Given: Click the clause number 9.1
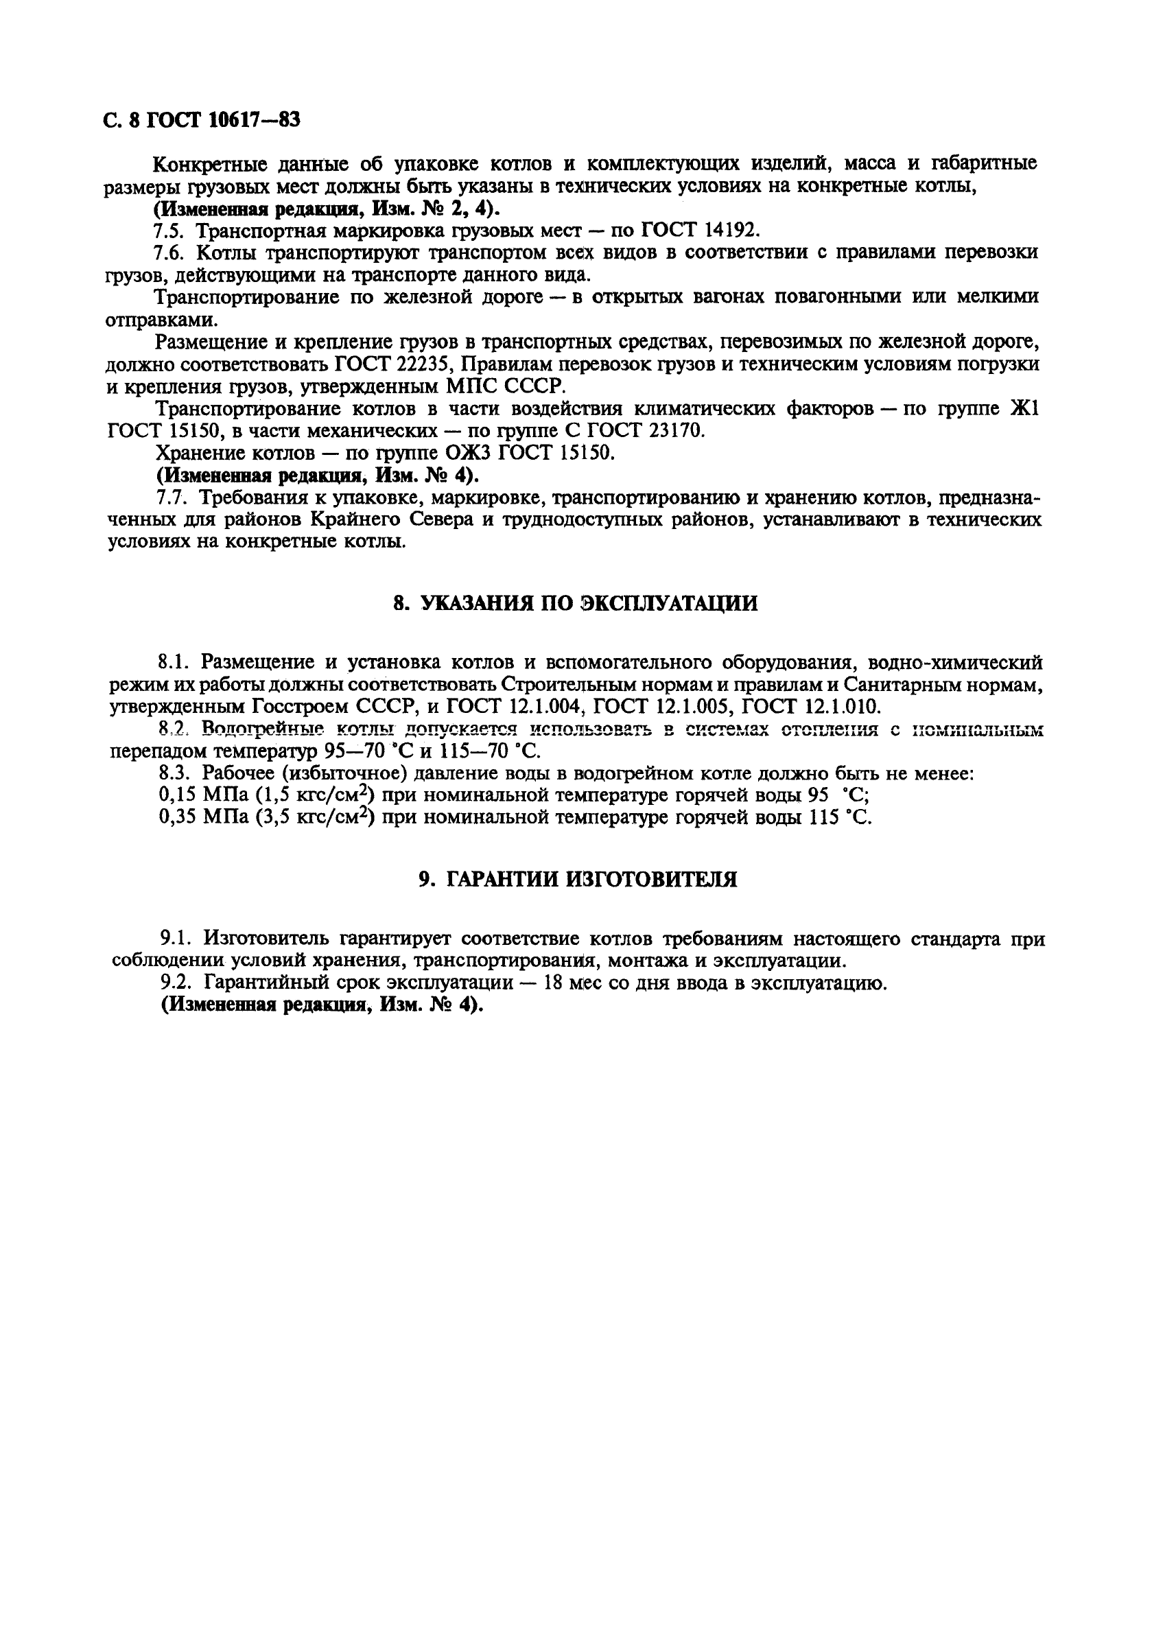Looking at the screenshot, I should [x=175, y=939].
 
